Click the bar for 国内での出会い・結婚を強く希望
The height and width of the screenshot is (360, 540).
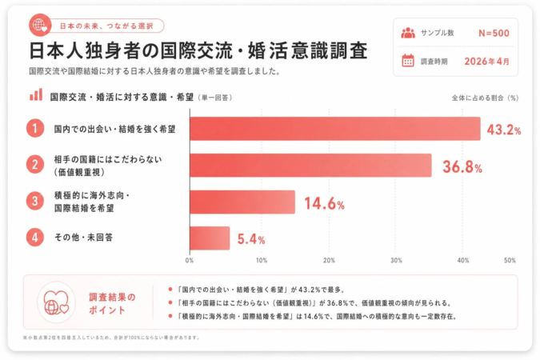[x=334, y=129]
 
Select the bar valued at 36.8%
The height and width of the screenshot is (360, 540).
[x=310, y=166]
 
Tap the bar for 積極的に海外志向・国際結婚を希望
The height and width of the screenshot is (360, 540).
[x=242, y=202]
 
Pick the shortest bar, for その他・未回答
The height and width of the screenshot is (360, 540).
[x=210, y=238]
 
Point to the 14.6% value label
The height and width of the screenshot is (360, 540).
[x=324, y=203]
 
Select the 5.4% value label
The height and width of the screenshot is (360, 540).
[x=250, y=239]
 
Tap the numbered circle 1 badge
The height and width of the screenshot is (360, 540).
[x=34, y=128]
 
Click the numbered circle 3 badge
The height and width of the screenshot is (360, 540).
[x=34, y=202]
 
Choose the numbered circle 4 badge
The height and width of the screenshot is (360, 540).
[x=34, y=238]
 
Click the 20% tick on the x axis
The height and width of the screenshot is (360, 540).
[x=329, y=260]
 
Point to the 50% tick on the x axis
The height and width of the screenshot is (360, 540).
[x=510, y=260]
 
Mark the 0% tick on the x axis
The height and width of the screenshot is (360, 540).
[x=190, y=260]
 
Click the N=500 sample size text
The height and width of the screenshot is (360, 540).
[x=494, y=33]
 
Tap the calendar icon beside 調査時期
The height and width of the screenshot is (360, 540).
[x=407, y=60]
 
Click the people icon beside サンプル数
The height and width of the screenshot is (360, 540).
[x=407, y=33]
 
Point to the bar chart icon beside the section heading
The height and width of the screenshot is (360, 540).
[x=36, y=95]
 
